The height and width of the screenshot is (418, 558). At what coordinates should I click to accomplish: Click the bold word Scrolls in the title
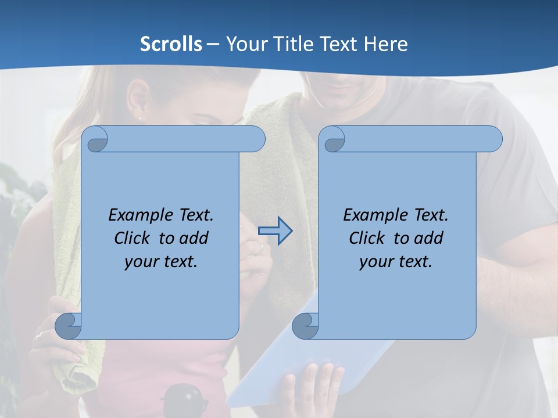click(171, 44)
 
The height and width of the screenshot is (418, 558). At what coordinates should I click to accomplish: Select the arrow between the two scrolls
click(275, 230)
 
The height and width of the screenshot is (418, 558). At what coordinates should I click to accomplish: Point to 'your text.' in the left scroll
click(161, 261)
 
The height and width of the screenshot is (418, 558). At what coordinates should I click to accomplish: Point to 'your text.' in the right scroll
click(396, 261)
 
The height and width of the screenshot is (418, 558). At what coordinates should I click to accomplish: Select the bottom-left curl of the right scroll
click(305, 325)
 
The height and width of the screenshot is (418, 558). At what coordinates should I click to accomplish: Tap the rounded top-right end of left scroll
click(254, 139)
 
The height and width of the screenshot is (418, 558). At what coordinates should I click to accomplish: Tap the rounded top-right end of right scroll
click(491, 139)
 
